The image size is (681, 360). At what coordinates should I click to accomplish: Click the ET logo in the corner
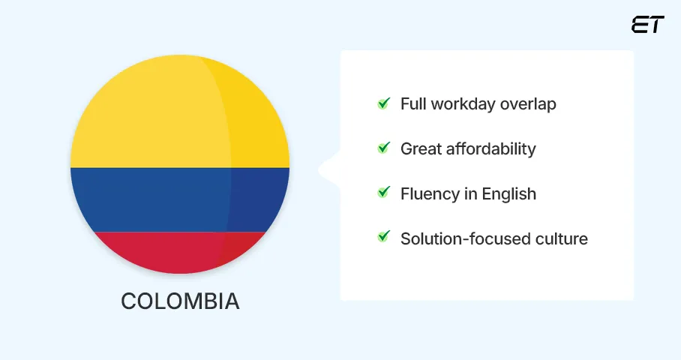647,25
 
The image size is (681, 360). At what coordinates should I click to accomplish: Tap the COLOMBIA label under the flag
180,301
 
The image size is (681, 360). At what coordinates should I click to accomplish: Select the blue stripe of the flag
180,199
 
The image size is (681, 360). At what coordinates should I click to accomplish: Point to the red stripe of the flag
180,251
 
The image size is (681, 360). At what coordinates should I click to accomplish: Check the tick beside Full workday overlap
383,103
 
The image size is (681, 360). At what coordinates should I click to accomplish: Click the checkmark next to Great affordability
383,148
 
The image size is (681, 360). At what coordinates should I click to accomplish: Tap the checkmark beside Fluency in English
383,193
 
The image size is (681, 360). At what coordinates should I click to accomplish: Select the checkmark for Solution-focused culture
383,238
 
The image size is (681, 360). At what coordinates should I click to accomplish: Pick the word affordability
491,149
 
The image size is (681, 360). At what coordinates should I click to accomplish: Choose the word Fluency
429,194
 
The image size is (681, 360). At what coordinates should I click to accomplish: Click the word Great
421,149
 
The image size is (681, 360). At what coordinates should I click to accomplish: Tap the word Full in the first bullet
413,104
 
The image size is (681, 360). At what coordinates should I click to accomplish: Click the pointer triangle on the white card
328,169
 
